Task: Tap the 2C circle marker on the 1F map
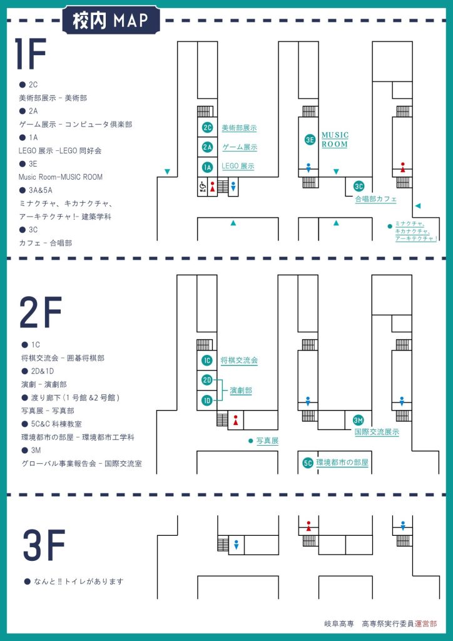pyautogui.click(x=208, y=128)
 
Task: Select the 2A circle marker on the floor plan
pyautogui.click(x=208, y=147)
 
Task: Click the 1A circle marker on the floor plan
pyautogui.click(x=208, y=167)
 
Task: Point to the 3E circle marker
pyautogui.click(x=310, y=140)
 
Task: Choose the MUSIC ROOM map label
pyautogui.click(x=335, y=140)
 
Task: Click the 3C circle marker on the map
pyautogui.click(x=359, y=186)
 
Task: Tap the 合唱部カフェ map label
pyautogui.click(x=375, y=199)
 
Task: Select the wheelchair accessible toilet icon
pyautogui.click(x=203, y=187)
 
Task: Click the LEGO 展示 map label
pyautogui.click(x=238, y=167)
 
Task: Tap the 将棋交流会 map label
pyautogui.click(x=239, y=361)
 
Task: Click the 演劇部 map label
pyautogui.click(x=241, y=390)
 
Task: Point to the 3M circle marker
pyautogui.click(x=359, y=420)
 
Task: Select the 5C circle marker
pyautogui.click(x=308, y=463)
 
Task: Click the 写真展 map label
pyautogui.click(x=267, y=441)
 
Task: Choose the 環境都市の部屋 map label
pyautogui.click(x=342, y=463)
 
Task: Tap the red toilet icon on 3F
pyautogui.click(x=308, y=525)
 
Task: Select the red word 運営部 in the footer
pyautogui.click(x=425, y=623)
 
